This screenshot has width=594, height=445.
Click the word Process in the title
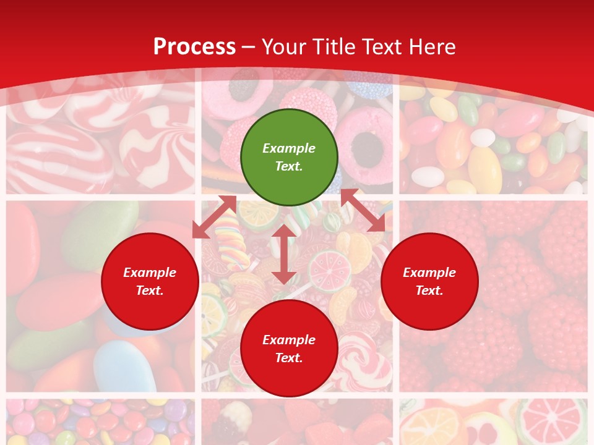click(194, 46)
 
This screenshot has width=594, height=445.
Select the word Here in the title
click(431, 46)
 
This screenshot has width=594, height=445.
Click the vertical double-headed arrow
click(283, 254)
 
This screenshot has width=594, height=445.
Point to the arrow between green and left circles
click(214, 217)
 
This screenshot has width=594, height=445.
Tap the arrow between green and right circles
click(363, 210)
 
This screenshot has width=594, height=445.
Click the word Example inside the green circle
click(289, 148)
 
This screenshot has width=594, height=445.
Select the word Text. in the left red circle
click(150, 290)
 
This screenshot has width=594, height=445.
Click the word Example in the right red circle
click(429, 273)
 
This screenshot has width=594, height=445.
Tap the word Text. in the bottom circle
click(289, 358)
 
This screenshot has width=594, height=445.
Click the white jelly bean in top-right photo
click(428, 177)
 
